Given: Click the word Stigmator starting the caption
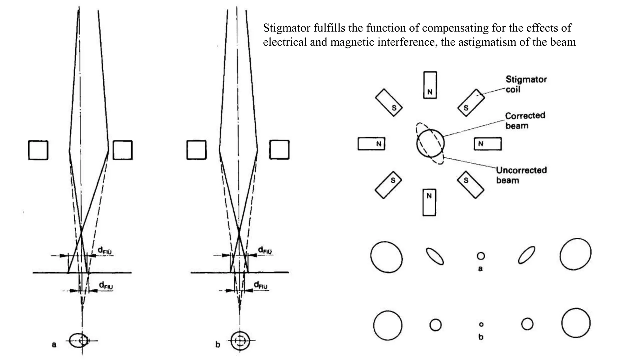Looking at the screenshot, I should click(287, 28).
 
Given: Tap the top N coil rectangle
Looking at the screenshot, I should click(430, 85).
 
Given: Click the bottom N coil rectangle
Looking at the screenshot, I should click(429, 202).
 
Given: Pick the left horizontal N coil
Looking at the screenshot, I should click(372, 144).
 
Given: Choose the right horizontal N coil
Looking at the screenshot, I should click(487, 144).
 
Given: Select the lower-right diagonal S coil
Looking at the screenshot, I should click(471, 184).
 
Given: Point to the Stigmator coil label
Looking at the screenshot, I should click(526, 84).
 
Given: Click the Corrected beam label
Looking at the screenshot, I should click(525, 120).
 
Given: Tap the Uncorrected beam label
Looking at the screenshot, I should click(521, 175).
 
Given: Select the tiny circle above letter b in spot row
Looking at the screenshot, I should click(481, 324).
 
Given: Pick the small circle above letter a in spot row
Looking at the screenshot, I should click(481, 256).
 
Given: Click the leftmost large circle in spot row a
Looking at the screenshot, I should click(386, 257).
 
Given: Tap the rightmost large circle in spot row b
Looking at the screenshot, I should click(576, 323).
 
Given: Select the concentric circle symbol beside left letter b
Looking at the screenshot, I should click(240, 340).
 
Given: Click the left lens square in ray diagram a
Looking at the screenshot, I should click(38, 150).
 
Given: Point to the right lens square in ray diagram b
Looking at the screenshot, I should click(279, 150).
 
